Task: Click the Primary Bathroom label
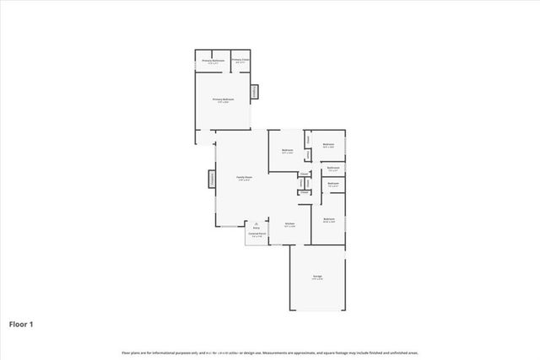point(212,60)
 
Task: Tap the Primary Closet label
point(240,60)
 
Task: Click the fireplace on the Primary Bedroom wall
point(255,91)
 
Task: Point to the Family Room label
point(244,177)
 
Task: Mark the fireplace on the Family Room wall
point(213,180)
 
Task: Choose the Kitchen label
point(289,223)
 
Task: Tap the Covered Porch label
point(256,234)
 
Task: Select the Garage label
point(317,277)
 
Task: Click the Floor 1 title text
point(21,324)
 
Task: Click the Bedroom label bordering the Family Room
point(287,150)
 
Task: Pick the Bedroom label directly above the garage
point(329,219)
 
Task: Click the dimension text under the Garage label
point(317,280)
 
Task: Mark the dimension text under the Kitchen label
point(289,227)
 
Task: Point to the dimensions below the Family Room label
point(244,180)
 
